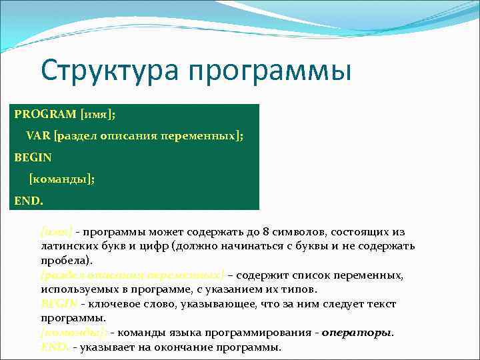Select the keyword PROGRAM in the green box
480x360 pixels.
pos(44,114)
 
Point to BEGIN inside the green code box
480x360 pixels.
pos(33,157)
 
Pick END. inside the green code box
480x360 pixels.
pos(29,200)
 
